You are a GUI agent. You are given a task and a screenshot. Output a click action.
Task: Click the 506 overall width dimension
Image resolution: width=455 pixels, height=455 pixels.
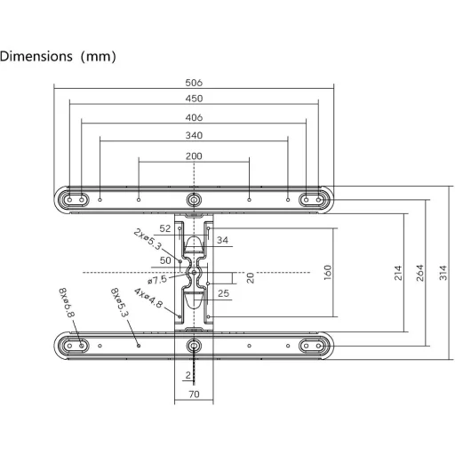coord(194,83)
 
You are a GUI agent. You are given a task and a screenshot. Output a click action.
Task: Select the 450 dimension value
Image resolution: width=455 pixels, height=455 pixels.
coord(194,99)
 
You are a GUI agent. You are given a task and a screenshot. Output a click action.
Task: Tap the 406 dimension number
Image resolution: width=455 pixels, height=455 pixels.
coord(194,117)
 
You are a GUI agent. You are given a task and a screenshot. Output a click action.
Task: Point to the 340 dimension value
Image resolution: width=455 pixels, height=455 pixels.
coord(194,136)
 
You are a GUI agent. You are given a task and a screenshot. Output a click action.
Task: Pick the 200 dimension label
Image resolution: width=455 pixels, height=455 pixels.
coord(194,156)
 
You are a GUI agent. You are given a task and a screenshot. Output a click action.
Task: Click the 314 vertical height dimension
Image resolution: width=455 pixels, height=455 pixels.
coord(443,273)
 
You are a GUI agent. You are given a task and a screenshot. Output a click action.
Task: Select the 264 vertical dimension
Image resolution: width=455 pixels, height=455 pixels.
coord(419,273)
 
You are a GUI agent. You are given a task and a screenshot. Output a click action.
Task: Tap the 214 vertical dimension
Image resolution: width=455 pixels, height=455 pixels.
coord(398,273)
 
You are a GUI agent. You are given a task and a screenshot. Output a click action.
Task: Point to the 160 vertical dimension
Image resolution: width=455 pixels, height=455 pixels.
coord(327,273)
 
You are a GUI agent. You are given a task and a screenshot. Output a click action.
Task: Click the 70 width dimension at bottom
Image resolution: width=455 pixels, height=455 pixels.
coord(194,395)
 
